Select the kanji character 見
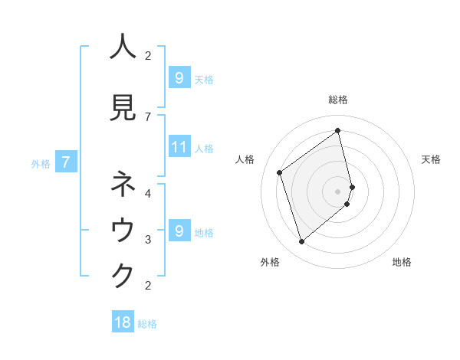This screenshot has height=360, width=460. click(123, 108)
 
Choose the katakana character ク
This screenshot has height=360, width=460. click(123, 276)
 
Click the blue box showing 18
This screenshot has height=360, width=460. click(123, 322)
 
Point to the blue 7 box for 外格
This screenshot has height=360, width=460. click(66, 162)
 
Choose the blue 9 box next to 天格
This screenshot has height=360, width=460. click(179, 77)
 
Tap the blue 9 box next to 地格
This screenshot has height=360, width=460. click(179, 231)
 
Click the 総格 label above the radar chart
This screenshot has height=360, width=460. click(338, 100)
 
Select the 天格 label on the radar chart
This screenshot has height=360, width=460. click(431, 159)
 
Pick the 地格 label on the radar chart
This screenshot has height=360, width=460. click(402, 262)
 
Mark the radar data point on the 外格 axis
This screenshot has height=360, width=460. click(301, 242)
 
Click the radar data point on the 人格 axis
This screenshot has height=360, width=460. click(280, 172)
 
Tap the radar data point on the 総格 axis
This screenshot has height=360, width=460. click(338, 131)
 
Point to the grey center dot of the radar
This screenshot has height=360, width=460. click(338, 191)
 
